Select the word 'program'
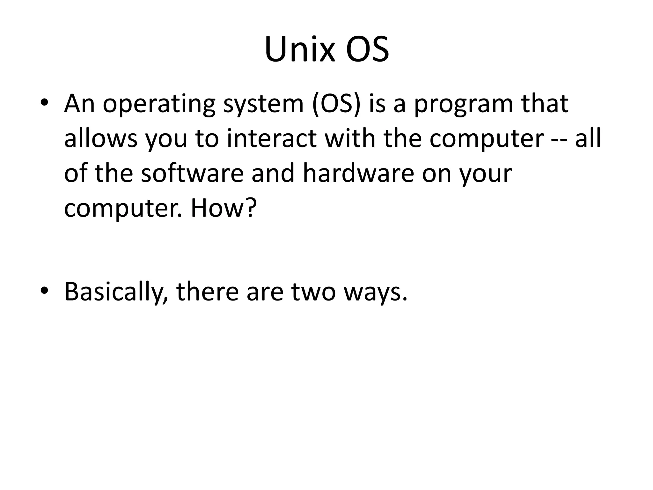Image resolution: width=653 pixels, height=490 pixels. pos(464,105)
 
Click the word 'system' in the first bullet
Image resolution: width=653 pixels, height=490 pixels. pos(263,105)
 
